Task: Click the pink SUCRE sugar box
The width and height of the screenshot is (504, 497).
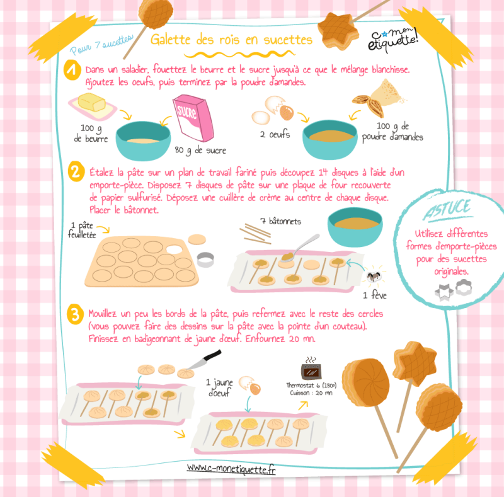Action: [x=193, y=118]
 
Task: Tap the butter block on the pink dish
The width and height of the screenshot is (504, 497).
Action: [x=91, y=102]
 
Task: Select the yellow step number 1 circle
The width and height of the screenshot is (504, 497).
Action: [x=72, y=70]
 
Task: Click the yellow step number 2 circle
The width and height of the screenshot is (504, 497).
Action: [x=76, y=171]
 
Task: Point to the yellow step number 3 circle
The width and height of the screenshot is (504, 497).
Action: [x=75, y=314]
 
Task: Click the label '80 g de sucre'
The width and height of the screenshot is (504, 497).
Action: [x=200, y=151]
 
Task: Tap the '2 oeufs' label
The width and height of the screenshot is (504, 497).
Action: [x=275, y=134]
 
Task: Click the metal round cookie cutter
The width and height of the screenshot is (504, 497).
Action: [x=205, y=260]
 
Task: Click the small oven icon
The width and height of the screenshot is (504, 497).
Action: [x=311, y=369]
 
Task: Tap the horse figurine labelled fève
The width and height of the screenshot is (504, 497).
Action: [x=374, y=276]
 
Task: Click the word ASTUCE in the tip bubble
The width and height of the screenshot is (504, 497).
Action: [x=447, y=209]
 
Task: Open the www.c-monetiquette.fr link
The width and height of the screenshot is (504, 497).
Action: [x=231, y=469]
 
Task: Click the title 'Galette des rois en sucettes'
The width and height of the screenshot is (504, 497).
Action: [x=231, y=40]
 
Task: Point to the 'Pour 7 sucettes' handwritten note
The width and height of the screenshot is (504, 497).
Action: [x=101, y=45]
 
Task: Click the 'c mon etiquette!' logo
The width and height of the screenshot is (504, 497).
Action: [x=393, y=39]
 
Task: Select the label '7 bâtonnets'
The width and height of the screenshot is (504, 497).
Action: [x=280, y=221]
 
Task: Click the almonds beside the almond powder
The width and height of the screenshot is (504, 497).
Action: [x=369, y=105]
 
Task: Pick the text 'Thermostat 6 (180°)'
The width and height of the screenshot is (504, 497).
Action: [x=311, y=385]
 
